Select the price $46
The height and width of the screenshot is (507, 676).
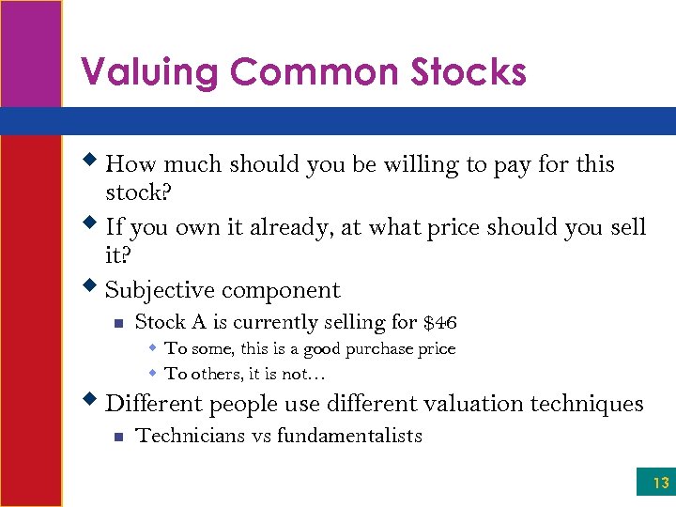click(x=440, y=323)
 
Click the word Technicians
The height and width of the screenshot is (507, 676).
click(x=185, y=436)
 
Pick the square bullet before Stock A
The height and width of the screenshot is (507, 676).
click(x=116, y=324)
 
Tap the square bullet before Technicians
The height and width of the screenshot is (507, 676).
click(x=116, y=437)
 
